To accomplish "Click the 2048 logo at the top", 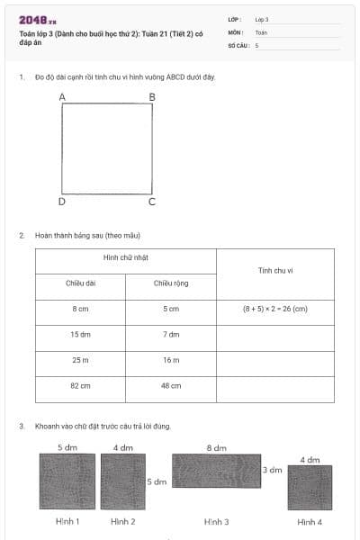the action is tap(38, 21).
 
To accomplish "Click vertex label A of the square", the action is tap(62, 96).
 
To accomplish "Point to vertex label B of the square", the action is tap(152, 96).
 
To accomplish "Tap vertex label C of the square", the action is tap(152, 202).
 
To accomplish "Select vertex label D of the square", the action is tap(62, 202).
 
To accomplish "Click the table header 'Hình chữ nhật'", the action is tap(125, 257).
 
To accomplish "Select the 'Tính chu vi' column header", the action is tap(275, 270).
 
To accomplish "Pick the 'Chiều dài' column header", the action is tap(80, 283).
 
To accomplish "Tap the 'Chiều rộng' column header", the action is tap(171, 283).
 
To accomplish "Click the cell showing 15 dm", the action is tap(80, 334).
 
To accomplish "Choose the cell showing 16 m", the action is tap(171, 360).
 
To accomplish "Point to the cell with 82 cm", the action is tap(80, 385).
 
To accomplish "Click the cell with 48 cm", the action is tap(171, 385).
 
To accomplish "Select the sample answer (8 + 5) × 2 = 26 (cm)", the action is tap(275, 309).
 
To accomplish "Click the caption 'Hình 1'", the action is tap(67, 522).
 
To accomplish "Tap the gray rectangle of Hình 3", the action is tap(215, 472).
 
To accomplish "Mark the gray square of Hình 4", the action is tap(310, 488).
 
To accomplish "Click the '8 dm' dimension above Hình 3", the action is tap(216, 447).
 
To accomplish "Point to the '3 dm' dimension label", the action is tap(273, 470).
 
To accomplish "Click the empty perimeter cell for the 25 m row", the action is tap(275, 360).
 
